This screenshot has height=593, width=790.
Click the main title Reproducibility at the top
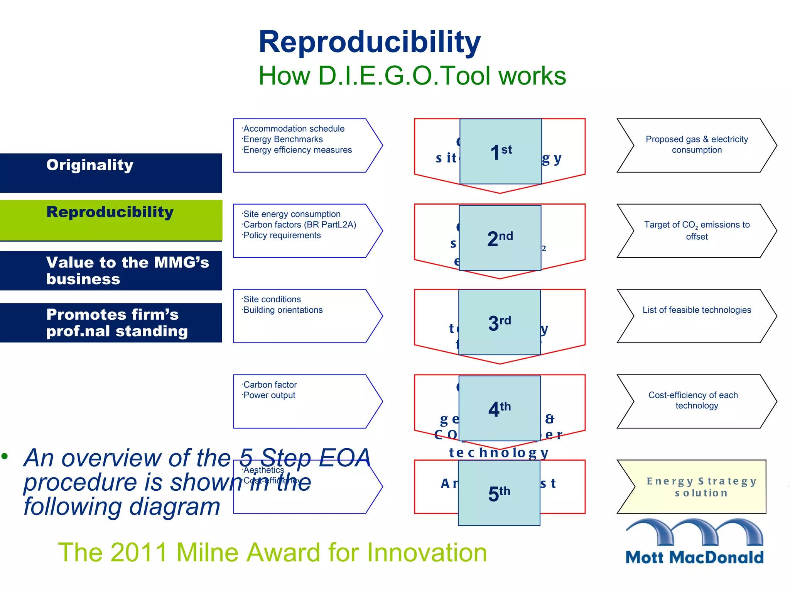[369, 42]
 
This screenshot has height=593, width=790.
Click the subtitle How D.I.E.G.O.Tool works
[412, 76]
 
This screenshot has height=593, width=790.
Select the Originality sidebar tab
[111, 173]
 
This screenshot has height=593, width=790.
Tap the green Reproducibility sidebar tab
[111, 220]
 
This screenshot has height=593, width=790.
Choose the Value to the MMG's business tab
[111, 270]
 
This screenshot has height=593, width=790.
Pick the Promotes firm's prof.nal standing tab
[111, 322]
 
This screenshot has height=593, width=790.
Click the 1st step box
[500, 151]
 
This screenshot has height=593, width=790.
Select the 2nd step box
[500, 238]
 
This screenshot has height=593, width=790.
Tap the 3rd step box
[500, 322]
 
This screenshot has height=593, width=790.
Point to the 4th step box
[500, 408]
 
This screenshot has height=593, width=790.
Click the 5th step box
[499, 493]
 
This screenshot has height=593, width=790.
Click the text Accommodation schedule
[294, 129]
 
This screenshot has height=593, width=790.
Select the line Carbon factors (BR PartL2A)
[299, 225]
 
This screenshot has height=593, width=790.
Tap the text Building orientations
[283, 310]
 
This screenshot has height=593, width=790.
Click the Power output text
[269, 395]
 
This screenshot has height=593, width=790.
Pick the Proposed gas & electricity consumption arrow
[697, 145]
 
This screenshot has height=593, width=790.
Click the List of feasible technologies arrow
[697, 310]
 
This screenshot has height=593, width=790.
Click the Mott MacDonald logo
[694, 542]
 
